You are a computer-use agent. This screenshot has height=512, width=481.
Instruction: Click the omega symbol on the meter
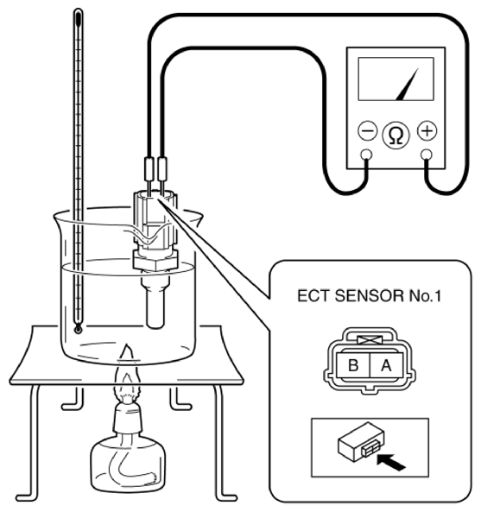click(x=396, y=135)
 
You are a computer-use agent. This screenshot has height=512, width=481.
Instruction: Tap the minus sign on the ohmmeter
click(x=368, y=131)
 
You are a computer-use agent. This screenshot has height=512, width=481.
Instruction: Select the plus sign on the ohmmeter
click(x=427, y=130)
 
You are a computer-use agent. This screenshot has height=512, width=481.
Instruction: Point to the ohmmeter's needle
click(x=408, y=85)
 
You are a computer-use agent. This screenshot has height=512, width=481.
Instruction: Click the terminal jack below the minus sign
click(x=366, y=155)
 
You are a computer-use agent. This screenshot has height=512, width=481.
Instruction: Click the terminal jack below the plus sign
click(x=426, y=155)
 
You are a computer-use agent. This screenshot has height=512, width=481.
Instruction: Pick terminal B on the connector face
click(x=353, y=365)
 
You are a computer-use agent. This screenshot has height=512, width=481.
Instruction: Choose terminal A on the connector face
click(x=386, y=365)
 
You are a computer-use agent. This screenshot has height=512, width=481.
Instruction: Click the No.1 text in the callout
click(x=425, y=296)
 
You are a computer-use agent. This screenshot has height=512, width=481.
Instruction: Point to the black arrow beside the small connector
click(x=391, y=462)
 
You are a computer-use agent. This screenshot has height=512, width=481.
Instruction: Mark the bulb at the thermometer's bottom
click(x=78, y=328)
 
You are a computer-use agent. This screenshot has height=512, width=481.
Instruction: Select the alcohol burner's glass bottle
click(x=128, y=463)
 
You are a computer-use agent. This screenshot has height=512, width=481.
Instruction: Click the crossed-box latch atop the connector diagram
click(x=370, y=340)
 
